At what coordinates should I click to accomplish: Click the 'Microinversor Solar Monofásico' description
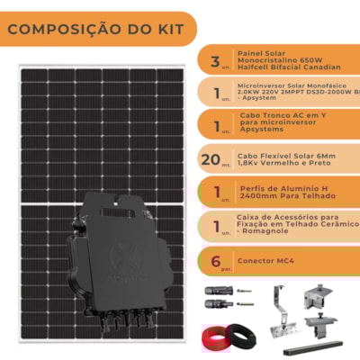(292, 91)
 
